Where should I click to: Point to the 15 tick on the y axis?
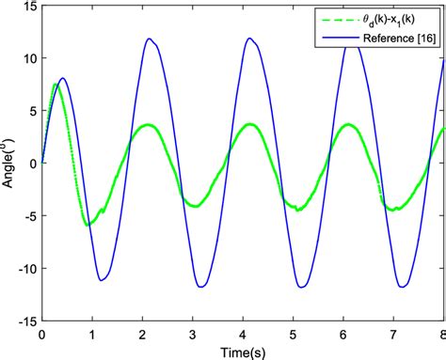(27, 7)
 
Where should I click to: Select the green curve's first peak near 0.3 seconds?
(56, 85)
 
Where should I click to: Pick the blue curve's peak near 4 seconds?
(249, 39)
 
